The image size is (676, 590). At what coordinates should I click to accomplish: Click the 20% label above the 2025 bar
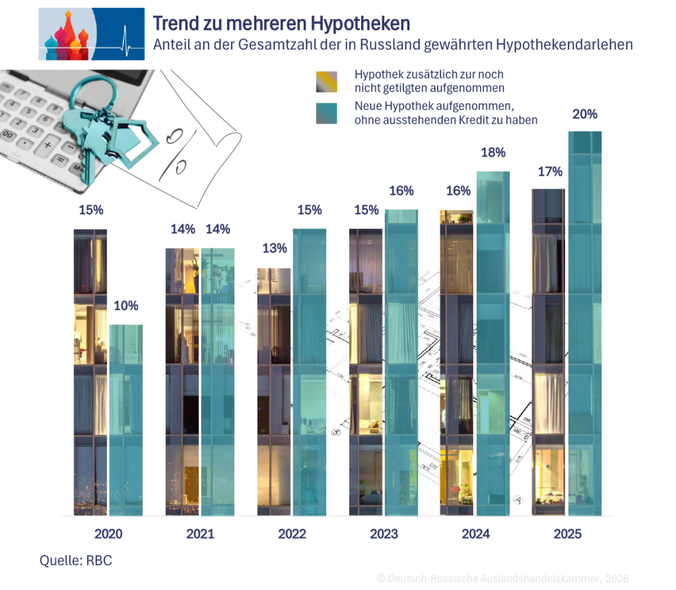pyautogui.click(x=585, y=114)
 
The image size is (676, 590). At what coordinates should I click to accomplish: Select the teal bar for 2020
pyautogui.click(x=125, y=420)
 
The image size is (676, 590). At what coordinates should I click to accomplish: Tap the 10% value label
pyautogui.click(x=125, y=306)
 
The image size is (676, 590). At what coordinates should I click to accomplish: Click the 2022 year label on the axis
pyautogui.click(x=291, y=534)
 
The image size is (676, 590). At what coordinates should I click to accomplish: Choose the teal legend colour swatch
pyautogui.click(x=327, y=113)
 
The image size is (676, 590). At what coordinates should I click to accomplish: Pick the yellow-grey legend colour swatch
pyautogui.click(x=327, y=81)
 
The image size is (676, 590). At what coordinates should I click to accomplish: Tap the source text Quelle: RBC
pyautogui.click(x=76, y=561)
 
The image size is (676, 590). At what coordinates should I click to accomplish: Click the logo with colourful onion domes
pyautogui.click(x=92, y=34)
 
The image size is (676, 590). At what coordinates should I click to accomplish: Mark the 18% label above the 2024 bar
pyautogui.click(x=493, y=153)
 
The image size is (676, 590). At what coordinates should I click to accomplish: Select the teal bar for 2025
pyautogui.click(x=585, y=324)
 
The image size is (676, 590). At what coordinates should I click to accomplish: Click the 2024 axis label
pyautogui.click(x=476, y=534)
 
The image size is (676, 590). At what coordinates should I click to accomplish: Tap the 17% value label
pyautogui.click(x=549, y=172)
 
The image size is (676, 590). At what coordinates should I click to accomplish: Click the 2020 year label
pyautogui.click(x=108, y=534)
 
